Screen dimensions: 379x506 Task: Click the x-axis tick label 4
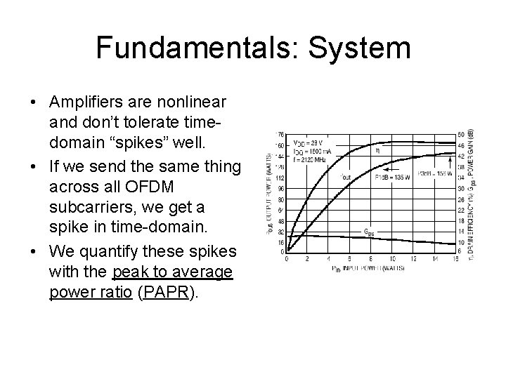coord(328,260)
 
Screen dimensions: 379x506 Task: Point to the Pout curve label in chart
coord(345,177)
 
